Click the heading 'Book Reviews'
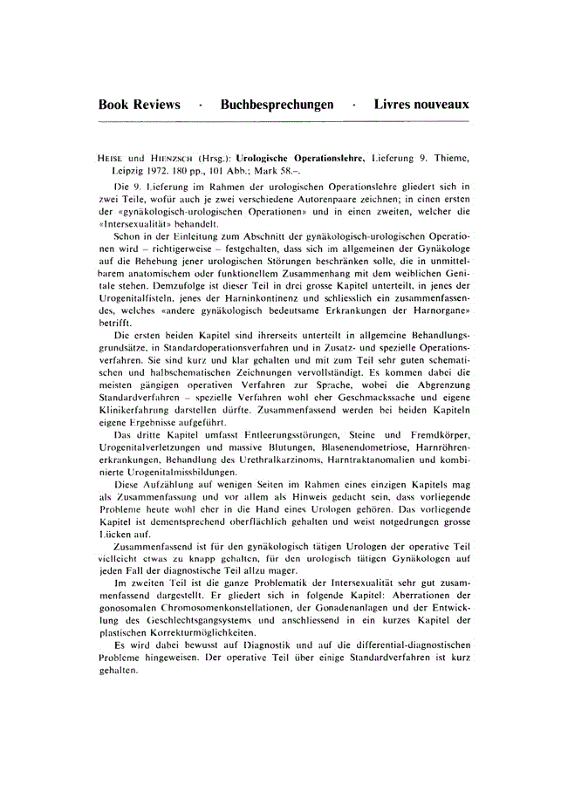click(x=139, y=105)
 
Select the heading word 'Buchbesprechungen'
click(x=277, y=105)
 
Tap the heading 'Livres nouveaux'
click(x=421, y=105)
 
